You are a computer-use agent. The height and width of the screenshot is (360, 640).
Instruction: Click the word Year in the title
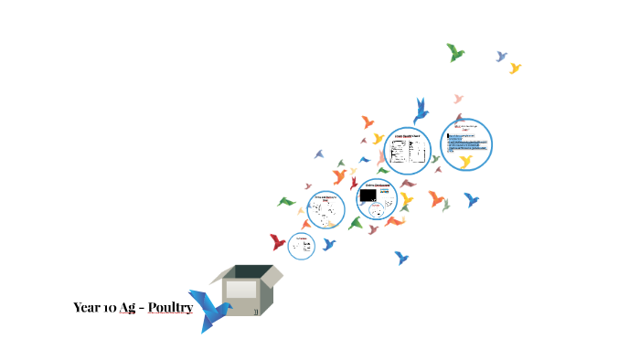[85, 308]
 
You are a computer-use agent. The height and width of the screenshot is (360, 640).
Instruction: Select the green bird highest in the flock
[455, 52]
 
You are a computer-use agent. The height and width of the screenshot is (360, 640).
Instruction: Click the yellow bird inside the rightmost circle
[465, 162]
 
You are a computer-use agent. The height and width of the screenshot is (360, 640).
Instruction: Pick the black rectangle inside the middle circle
[368, 196]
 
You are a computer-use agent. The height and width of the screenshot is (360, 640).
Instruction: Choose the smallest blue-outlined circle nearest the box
[302, 245]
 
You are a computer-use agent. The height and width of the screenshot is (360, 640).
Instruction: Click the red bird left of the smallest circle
[278, 242]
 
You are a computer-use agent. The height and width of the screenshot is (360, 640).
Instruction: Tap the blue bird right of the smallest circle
[329, 244]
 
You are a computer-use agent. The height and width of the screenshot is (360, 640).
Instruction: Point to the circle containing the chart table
[407, 151]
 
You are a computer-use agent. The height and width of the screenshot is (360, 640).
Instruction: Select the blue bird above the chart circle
[421, 110]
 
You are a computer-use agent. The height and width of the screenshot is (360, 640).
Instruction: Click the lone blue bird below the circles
[401, 259]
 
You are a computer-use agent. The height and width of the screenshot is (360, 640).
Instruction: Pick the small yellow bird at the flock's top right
[515, 68]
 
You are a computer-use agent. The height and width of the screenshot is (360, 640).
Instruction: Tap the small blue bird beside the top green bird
[501, 57]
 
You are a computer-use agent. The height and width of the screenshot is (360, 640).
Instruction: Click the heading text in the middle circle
[382, 185]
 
